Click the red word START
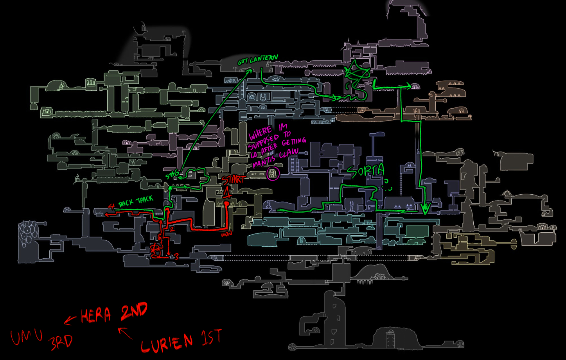pos(234,180)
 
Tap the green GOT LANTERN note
pos(258,60)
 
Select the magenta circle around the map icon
pos(273,173)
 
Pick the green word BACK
pos(126,203)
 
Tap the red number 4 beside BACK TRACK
pos(111,206)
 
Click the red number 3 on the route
pos(176,257)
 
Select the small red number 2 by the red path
pos(172,229)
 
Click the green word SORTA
pos(365,171)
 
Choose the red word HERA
pos(96,315)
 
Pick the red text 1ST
pos(212,337)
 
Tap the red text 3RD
pos(61,343)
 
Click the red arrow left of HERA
pos(70,321)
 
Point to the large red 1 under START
pos(226,193)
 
